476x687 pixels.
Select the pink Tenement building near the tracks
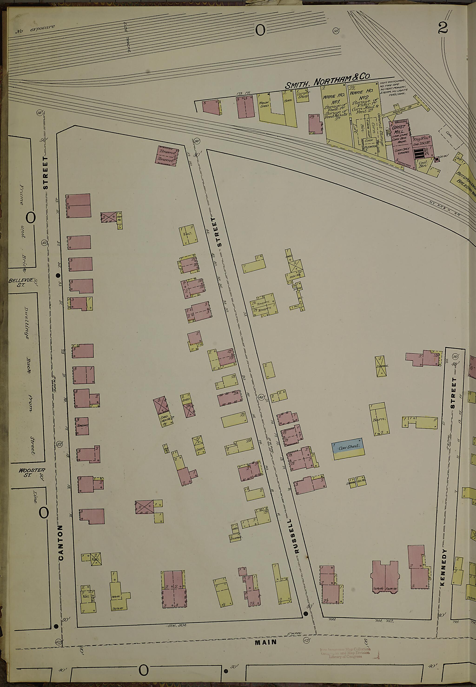(167, 155)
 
